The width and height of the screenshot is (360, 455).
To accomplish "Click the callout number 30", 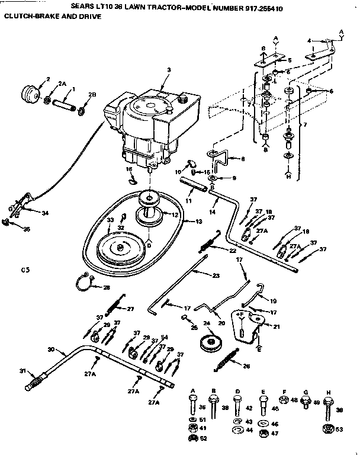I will (x=50, y=350).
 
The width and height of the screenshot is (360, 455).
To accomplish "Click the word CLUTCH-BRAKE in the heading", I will (x=27, y=16).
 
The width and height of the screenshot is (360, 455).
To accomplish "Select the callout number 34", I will (x=44, y=212).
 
